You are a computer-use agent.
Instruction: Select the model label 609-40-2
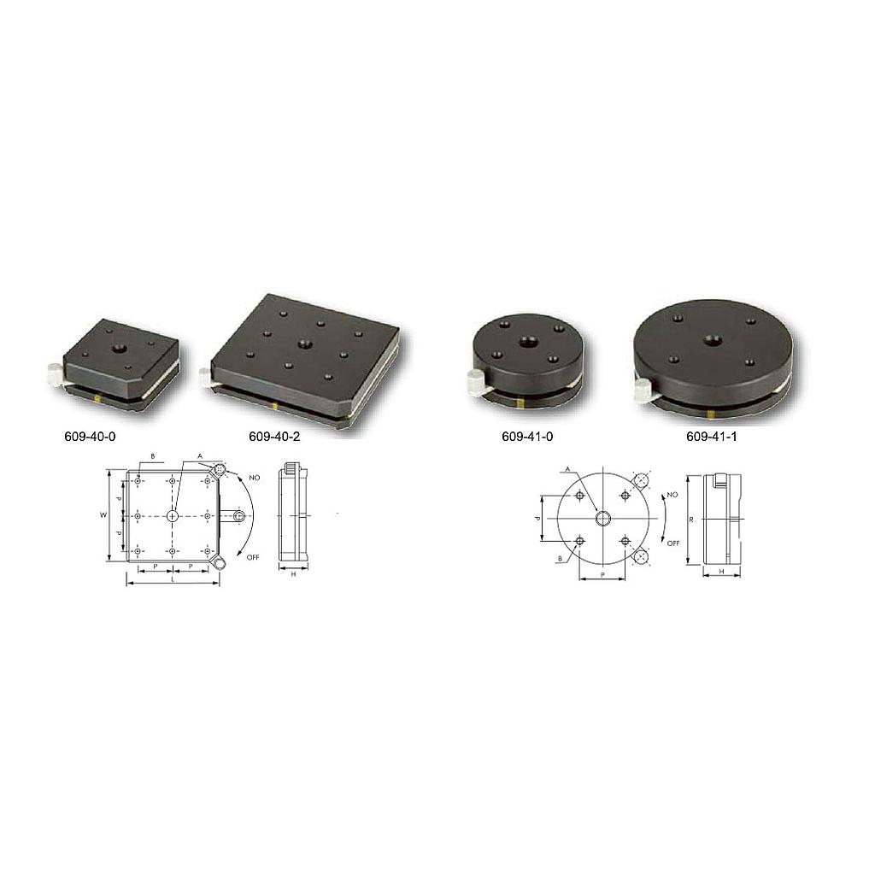274,437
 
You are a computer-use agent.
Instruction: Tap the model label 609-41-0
527,437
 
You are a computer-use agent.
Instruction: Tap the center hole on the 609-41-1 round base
712,340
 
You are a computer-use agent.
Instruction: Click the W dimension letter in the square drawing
103,515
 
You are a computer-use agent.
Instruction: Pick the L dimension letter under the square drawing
173,579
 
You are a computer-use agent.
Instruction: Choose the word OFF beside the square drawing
253,556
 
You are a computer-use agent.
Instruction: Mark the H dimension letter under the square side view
293,575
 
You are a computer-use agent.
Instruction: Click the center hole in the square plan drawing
173,516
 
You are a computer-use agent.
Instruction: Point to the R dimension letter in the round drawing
690,519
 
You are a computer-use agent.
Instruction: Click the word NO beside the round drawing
672,495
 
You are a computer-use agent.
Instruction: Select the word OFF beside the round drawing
672,543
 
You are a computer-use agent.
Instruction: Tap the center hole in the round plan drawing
602,519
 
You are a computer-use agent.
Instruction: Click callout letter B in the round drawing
560,558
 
